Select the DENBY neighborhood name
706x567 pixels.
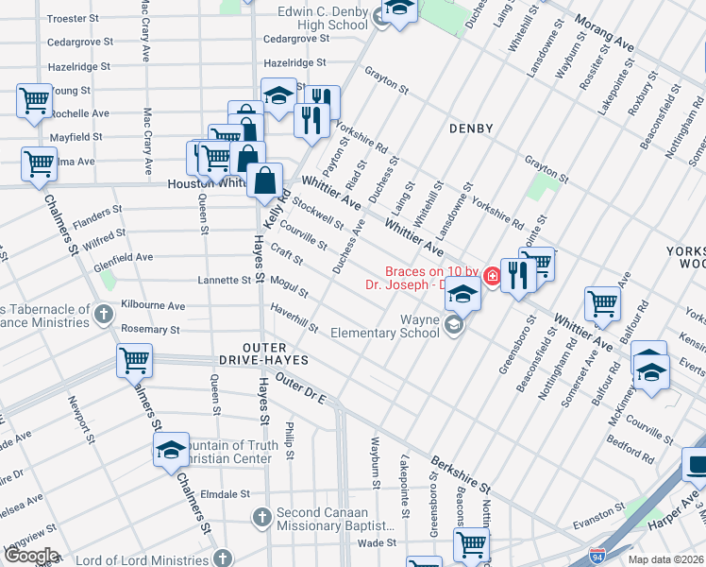471,128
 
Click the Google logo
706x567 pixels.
30,556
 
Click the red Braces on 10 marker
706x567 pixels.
491,276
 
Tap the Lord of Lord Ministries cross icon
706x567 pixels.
220,557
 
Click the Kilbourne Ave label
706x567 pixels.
154,306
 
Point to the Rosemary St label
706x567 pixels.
150,330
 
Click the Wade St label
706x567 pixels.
376,542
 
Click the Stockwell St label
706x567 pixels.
317,213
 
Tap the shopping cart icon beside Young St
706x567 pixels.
35,98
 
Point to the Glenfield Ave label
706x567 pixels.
123,257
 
